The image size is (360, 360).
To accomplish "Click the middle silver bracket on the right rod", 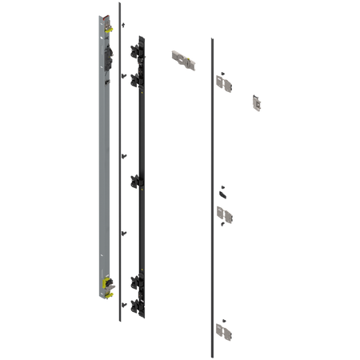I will pos(224,214).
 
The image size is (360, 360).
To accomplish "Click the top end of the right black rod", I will pos(210,37).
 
